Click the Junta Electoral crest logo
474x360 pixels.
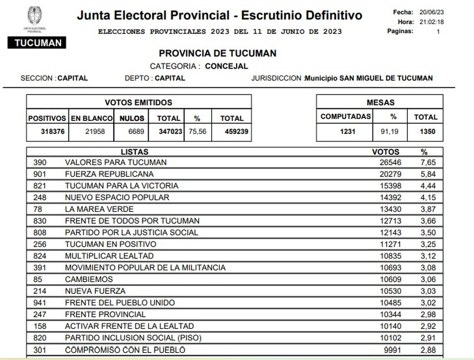tap(35, 16)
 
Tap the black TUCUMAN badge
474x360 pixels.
tap(37, 43)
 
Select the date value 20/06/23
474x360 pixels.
tap(431, 12)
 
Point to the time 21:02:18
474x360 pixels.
tap(431, 22)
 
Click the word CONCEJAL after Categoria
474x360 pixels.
tap(226, 66)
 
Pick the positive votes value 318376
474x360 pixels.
tap(53, 132)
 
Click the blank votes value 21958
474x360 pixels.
tap(95, 132)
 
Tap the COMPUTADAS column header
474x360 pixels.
tap(346, 116)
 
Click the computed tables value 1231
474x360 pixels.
tap(348, 132)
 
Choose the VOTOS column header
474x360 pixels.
tap(386, 152)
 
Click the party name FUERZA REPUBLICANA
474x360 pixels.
tap(109, 174)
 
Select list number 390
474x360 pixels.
tap(40, 162)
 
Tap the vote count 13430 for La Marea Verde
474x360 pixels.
tap(391, 209)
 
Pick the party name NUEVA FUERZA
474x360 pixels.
tap(95, 291)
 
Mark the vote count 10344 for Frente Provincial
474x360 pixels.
tap(391, 315)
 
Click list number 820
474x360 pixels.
tap(40, 338)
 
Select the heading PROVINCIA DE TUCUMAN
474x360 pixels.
tap(218, 53)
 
